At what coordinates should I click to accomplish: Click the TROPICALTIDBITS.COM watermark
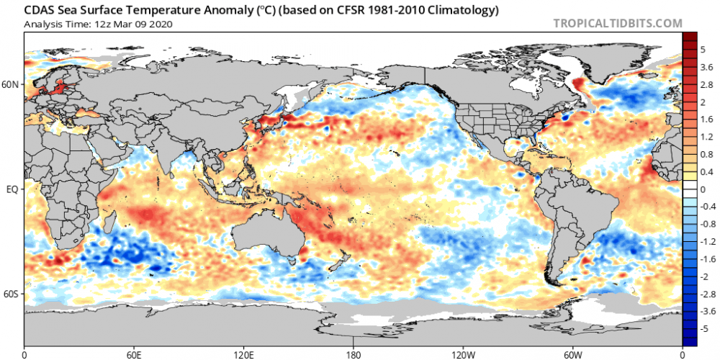(x=618, y=23)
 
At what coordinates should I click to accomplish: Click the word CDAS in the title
(x=39, y=10)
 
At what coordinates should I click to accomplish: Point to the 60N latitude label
(x=12, y=84)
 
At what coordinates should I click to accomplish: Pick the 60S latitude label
(x=12, y=294)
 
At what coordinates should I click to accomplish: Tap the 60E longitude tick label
(x=134, y=354)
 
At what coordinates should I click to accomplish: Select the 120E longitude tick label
(x=243, y=354)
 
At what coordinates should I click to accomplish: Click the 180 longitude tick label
(x=354, y=354)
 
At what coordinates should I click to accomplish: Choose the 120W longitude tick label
(x=463, y=354)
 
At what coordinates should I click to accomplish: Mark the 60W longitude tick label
(x=572, y=354)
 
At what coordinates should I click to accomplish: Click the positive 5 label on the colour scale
(x=703, y=51)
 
